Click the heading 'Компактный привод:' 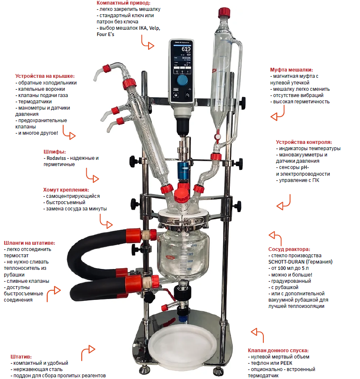click(123, 3)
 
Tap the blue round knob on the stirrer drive click(182, 80)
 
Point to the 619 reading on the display click(186, 49)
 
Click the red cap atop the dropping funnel click(224, 13)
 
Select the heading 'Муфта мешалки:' click(291, 69)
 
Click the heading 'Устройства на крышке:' click(45, 76)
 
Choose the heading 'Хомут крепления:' click(66, 190)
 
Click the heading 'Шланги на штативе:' click(30, 243)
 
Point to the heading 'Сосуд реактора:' click(289, 249)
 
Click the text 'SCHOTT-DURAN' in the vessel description click(286, 262)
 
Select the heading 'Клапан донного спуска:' click(278, 350)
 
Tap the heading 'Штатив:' click(21, 356)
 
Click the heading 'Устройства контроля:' click(304, 142)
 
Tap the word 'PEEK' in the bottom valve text click(286, 363)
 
